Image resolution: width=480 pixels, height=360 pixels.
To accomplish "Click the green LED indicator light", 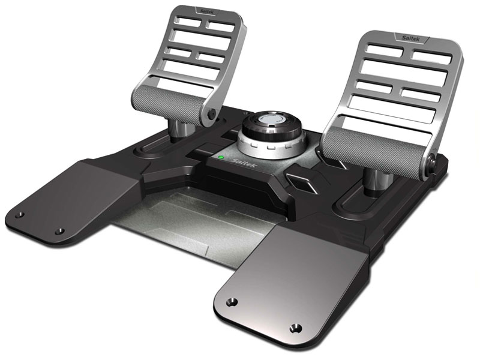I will pos(222,158).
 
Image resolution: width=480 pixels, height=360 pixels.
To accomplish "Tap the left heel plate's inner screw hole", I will pos(59,230).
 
